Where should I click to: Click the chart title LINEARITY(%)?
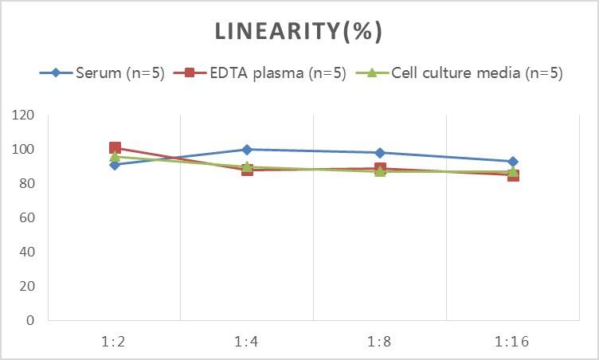tap(299, 31)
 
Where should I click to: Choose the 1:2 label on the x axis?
tap(115, 341)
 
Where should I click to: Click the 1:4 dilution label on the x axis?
tap(247, 341)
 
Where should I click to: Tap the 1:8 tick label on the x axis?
tap(380, 341)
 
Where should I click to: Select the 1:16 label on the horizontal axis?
tap(512, 341)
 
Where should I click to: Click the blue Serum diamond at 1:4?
tap(247, 150)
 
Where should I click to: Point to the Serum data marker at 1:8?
tap(380, 153)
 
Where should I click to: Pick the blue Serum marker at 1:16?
tap(512, 162)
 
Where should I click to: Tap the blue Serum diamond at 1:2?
tap(115, 165)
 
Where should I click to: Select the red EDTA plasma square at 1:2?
tap(115, 148)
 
